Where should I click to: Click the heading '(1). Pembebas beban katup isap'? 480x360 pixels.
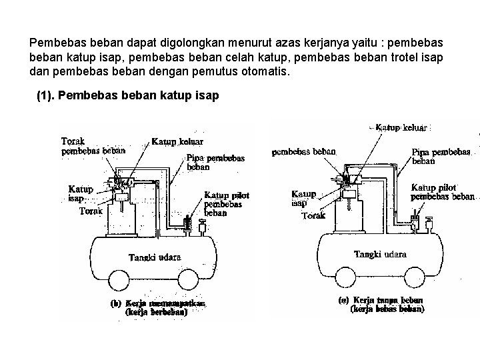[x=127, y=95]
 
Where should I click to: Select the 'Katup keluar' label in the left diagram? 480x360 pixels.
[x=177, y=141]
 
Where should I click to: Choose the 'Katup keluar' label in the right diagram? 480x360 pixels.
[x=403, y=127]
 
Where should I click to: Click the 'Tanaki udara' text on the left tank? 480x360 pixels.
[x=155, y=258]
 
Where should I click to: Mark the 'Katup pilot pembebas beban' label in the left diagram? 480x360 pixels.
[x=226, y=204]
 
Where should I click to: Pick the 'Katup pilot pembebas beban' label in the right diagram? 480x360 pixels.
[x=443, y=192]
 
